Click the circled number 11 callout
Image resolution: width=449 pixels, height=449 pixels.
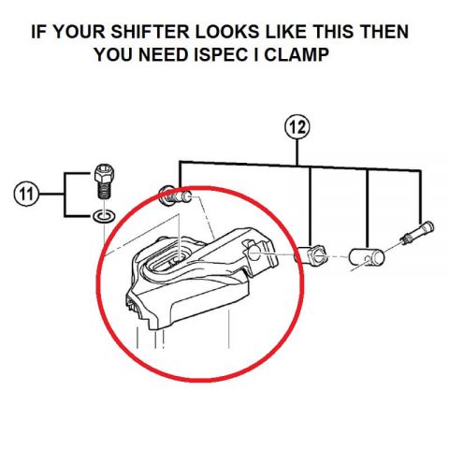[26, 194]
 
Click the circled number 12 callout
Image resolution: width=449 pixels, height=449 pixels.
[297, 127]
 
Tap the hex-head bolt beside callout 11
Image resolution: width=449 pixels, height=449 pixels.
[104, 181]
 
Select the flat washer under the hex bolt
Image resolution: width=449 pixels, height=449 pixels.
[104, 216]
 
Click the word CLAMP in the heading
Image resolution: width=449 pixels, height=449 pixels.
[297, 55]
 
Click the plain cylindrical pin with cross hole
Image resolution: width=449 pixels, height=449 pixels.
[366, 257]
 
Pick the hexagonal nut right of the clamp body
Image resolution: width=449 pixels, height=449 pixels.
[310, 254]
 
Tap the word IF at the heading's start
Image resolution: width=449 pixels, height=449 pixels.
[38, 32]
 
